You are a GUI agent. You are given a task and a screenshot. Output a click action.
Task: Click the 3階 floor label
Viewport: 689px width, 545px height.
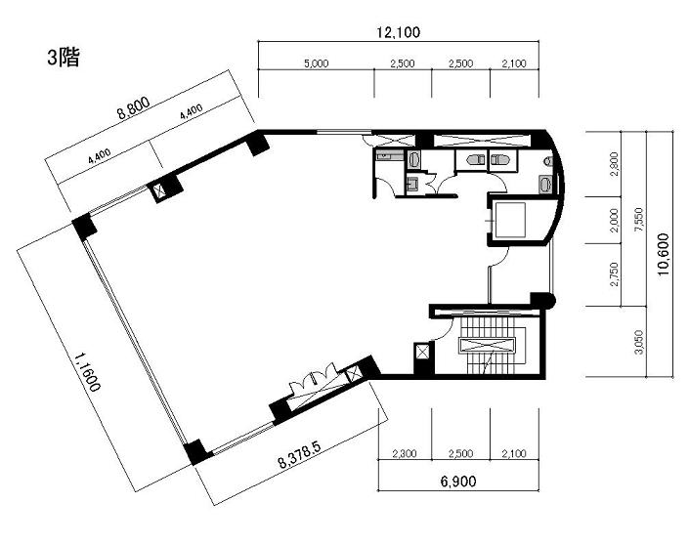coord(64,57)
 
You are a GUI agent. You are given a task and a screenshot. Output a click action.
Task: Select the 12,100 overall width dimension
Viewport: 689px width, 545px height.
coord(398,32)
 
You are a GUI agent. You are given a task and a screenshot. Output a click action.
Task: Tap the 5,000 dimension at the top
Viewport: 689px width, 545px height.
coord(317,63)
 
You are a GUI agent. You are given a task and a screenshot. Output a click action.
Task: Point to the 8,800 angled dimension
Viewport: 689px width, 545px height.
coord(133,108)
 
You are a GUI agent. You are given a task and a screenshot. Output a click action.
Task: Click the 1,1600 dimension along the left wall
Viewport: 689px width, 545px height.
coord(87,371)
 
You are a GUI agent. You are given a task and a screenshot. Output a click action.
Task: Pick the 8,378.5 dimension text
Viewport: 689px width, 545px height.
coord(300,455)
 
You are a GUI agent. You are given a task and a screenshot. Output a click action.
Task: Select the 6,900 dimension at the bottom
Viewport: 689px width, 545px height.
coord(458,482)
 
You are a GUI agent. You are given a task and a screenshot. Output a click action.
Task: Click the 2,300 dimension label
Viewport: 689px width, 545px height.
coord(404,453)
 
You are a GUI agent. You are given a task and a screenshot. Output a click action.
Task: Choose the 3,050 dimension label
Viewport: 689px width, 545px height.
coord(639,342)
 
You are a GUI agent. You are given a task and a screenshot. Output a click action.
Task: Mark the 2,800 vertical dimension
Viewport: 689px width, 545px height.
coord(615,164)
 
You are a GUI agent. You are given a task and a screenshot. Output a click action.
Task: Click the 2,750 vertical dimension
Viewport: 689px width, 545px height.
coord(615,274)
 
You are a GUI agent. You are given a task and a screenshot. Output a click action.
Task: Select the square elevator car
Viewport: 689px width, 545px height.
coord(510,220)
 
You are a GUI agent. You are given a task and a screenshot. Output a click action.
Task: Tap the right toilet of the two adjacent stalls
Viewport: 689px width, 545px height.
coord(498,158)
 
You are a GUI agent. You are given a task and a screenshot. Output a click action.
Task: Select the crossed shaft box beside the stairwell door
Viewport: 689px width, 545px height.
coord(423,352)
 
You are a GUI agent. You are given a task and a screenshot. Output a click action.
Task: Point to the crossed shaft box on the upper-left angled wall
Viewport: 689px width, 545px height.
coord(158,191)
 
